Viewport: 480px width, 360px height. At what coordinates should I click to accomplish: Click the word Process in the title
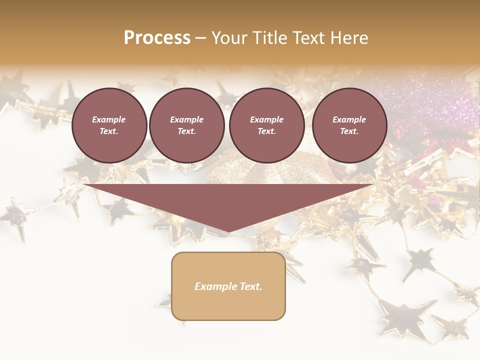tap(157, 38)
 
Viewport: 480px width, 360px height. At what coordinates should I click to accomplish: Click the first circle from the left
tap(109, 125)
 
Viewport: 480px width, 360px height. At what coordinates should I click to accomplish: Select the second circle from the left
tap(186, 125)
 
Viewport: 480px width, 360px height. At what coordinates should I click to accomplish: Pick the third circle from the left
tap(266, 125)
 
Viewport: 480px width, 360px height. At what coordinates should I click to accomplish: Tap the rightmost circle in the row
tap(349, 125)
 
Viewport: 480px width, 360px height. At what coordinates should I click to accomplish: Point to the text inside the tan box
tap(228, 286)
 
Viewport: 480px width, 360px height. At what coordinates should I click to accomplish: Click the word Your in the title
tap(229, 38)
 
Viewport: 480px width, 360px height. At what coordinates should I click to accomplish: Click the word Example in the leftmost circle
tap(109, 119)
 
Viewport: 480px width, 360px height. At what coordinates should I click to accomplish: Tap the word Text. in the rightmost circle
tap(349, 131)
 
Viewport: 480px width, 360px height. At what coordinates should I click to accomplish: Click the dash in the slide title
tap(200, 38)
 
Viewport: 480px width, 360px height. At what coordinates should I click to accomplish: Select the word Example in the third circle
tap(266, 119)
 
